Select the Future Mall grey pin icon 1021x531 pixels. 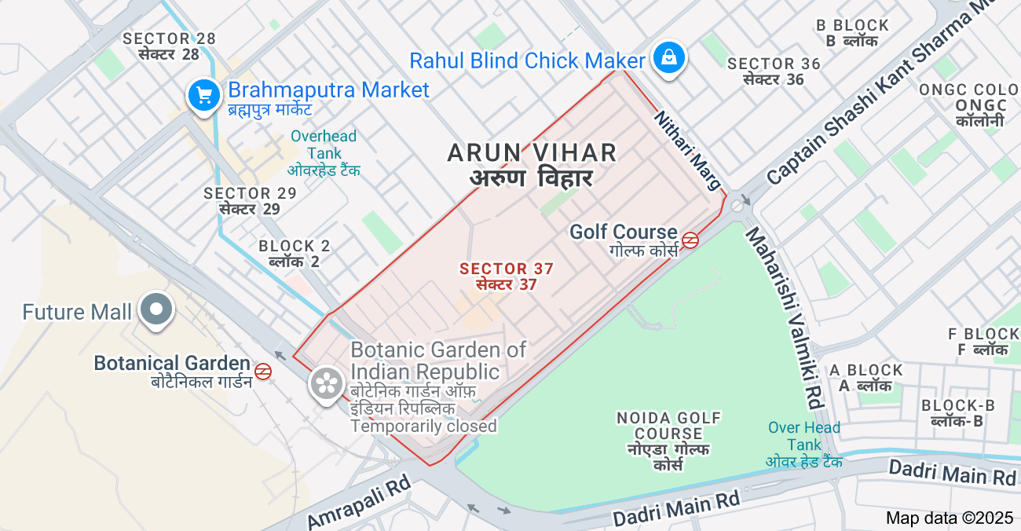tap(156, 309)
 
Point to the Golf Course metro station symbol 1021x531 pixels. tap(690, 240)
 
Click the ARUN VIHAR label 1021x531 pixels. tap(532, 164)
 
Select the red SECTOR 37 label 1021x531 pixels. tap(507, 276)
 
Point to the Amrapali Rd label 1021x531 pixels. tap(359, 503)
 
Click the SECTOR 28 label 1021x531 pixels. tap(169, 46)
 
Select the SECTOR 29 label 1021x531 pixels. tap(250, 201)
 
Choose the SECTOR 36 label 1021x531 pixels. tap(774, 71)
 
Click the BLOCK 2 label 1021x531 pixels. tap(295, 254)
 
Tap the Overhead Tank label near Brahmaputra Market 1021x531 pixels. tap(323, 152)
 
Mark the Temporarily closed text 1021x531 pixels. tap(423, 427)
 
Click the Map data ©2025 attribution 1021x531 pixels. tap(950, 518)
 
